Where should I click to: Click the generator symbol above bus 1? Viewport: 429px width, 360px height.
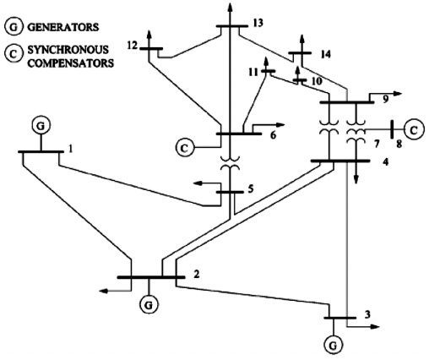[x=39, y=126]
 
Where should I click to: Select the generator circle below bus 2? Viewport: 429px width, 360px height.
[x=149, y=303]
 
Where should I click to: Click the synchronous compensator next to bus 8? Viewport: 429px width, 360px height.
[x=413, y=129]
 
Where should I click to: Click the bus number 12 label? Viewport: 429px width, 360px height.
[x=132, y=44]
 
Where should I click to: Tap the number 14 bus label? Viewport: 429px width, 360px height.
[x=324, y=54]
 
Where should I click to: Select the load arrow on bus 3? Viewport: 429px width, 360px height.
[x=368, y=325]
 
